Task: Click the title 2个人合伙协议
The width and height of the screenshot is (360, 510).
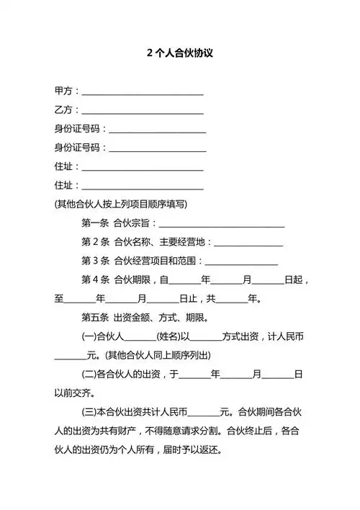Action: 180,53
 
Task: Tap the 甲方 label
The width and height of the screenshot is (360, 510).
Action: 63,91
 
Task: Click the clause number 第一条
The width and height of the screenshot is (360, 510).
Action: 95,223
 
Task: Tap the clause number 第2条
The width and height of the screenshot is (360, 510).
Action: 95,241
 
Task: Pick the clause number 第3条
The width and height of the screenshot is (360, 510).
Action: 95,261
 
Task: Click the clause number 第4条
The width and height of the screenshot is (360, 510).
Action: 95,279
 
